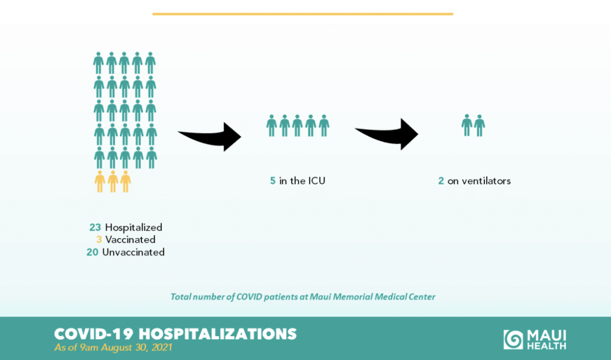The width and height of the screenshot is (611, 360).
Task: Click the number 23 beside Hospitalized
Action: click(x=95, y=227)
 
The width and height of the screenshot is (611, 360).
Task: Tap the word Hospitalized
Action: click(x=134, y=228)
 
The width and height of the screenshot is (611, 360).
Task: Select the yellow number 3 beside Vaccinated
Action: click(x=99, y=239)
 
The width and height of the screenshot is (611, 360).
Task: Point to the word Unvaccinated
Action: click(x=133, y=253)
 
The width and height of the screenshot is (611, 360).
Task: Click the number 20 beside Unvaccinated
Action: click(x=92, y=253)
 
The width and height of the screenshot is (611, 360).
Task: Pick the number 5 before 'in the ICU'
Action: click(x=273, y=181)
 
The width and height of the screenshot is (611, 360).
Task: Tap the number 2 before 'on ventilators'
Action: click(x=441, y=181)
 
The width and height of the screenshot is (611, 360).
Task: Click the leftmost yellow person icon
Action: click(x=100, y=181)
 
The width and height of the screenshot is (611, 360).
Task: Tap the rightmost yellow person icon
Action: click(x=125, y=181)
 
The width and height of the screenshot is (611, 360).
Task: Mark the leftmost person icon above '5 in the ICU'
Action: click(x=271, y=125)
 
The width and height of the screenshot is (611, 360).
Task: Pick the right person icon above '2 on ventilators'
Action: click(x=480, y=125)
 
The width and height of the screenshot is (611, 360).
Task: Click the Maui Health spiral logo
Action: click(x=513, y=339)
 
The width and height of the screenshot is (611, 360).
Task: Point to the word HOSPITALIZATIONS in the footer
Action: click(x=217, y=334)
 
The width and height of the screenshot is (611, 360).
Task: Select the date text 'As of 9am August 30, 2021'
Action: click(x=113, y=347)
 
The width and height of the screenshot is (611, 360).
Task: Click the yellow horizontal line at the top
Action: click(x=303, y=14)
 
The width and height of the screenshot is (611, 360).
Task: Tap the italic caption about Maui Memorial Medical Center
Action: click(x=303, y=297)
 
